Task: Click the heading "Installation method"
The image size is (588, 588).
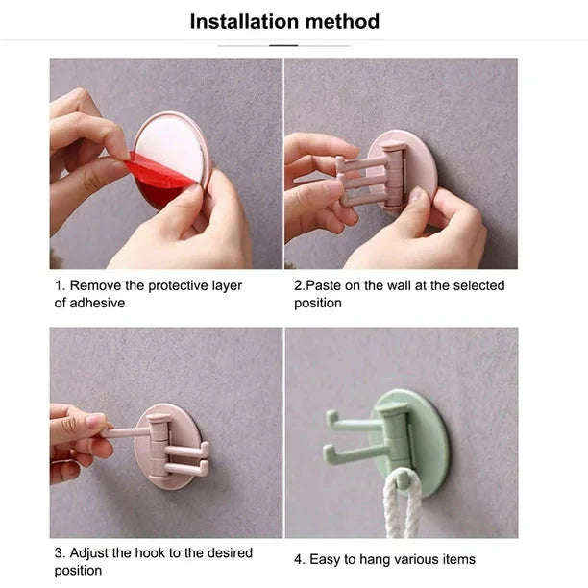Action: click(284, 21)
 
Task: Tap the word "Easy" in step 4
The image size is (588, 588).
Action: click(325, 559)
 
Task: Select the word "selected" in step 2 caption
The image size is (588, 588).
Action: click(478, 285)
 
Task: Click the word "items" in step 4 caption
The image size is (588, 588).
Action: click(456, 559)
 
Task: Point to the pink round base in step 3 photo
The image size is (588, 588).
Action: click(169, 471)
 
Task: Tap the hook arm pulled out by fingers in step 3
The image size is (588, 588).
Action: click(125, 432)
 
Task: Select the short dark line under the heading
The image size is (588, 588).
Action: click(283, 45)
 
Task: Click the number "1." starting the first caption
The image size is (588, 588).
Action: click(60, 285)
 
